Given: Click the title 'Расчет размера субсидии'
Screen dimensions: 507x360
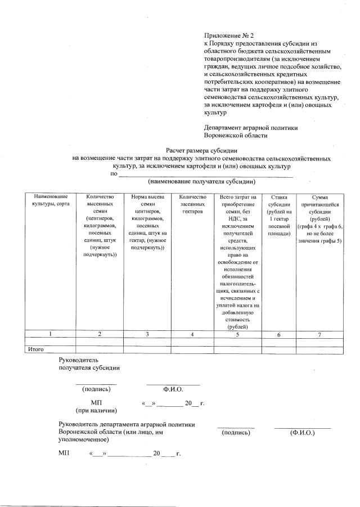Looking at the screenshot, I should [x=201, y=151].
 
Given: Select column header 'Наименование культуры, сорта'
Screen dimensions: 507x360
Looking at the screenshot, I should [x=50, y=200].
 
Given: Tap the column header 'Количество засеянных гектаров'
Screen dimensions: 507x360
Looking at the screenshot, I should [x=192, y=200].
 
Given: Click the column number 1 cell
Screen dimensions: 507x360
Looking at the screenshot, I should [x=50, y=334].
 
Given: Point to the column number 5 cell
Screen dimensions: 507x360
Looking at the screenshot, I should [x=237, y=334].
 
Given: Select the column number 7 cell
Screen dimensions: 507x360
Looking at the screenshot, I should [x=319, y=334].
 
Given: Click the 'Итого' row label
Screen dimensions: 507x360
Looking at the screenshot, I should [x=36, y=349].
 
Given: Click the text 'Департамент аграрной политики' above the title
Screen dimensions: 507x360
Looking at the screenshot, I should [x=251, y=128].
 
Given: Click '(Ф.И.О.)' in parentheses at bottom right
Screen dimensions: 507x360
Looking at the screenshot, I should [x=302, y=433].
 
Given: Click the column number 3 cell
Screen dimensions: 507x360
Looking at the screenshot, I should [x=147, y=334].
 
